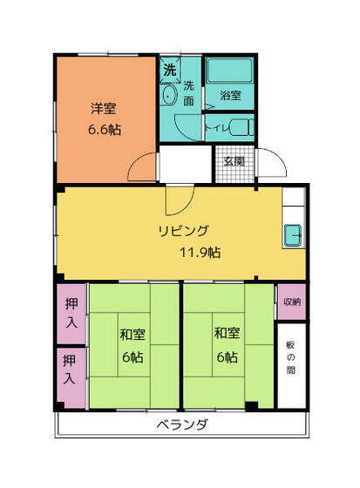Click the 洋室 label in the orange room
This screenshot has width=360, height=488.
[104, 109]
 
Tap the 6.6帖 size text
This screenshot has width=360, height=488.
[105, 130]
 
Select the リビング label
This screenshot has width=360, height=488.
[183, 231]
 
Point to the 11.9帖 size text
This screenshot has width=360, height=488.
[200, 253]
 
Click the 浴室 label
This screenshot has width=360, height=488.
[230, 95]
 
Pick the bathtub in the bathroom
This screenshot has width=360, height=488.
[229, 71]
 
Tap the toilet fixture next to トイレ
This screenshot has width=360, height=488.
[242, 127]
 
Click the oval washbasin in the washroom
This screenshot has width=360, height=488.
[168, 95]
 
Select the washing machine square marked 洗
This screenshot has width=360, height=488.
[170, 70]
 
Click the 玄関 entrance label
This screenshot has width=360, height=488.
[234, 161]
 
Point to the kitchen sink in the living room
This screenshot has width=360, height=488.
[293, 235]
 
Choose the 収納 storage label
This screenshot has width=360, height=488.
[292, 302]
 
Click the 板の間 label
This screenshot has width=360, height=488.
[290, 358]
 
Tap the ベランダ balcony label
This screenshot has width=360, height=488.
[182, 424]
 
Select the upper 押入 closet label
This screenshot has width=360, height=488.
[71, 313]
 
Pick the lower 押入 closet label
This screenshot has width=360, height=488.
[70, 369]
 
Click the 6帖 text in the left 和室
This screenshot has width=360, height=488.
[132, 356]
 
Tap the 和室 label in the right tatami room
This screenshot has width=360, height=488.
[227, 333]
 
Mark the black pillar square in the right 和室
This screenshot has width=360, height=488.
[251, 406]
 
